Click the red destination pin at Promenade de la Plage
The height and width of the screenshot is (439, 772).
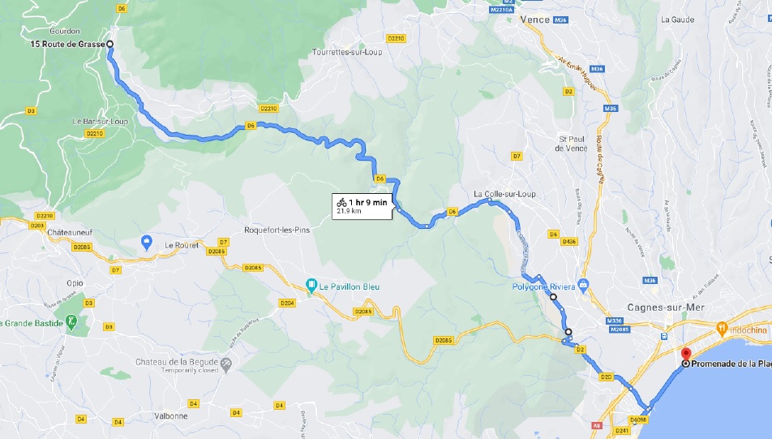(x=685, y=355)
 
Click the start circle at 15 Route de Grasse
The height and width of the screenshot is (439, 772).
(x=109, y=45)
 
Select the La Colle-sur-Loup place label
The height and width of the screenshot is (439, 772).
(x=504, y=194)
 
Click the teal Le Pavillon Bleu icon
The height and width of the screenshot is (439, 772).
(x=311, y=285)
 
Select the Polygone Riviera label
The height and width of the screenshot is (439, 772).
(x=543, y=286)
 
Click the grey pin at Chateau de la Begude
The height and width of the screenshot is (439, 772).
(x=226, y=366)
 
